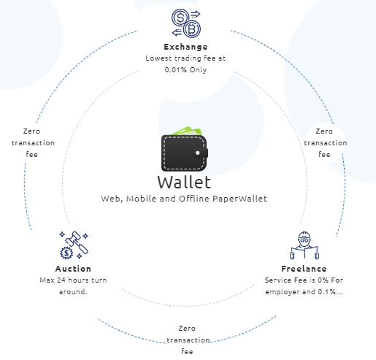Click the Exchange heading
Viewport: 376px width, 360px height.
coord(185,47)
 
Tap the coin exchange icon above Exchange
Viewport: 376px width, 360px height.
coord(186,23)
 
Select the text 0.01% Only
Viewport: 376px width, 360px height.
coord(185,70)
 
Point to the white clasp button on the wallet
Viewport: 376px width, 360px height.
coord(198,153)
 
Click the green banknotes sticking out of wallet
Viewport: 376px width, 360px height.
coord(188,131)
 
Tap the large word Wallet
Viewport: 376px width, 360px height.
coord(184,183)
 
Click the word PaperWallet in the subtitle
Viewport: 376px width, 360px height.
coord(239,199)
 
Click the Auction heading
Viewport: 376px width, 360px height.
coord(73,269)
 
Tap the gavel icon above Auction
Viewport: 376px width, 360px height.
coord(74,245)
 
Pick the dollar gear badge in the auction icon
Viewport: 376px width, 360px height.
coord(66,253)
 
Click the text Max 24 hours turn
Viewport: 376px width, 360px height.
coord(73,280)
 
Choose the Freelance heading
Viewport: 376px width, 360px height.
coord(304,269)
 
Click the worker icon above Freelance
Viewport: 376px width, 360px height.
coord(304,245)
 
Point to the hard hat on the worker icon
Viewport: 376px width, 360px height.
coord(304,235)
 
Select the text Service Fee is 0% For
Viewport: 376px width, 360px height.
coord(304,280)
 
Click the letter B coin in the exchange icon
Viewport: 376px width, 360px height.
coord(192,29)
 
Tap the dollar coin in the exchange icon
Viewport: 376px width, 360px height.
coord(180,18)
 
